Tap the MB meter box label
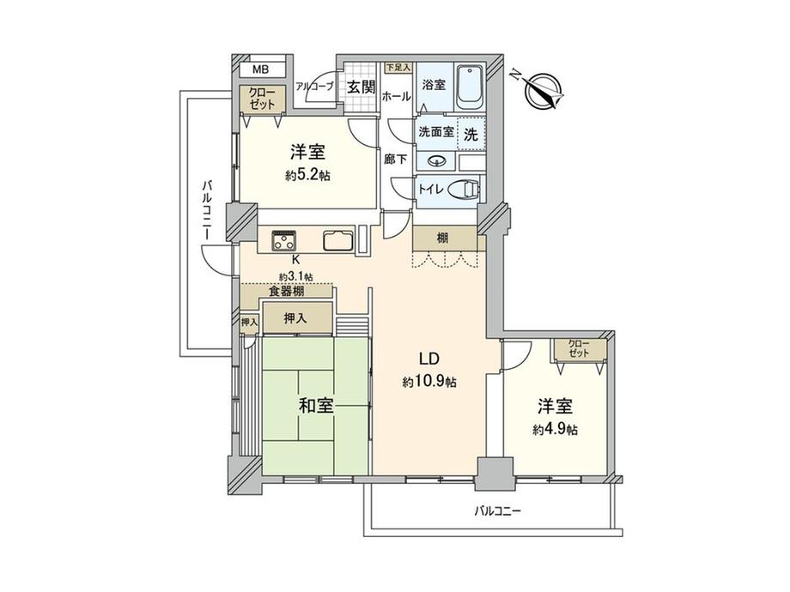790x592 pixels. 260,69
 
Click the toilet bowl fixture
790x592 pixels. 464,190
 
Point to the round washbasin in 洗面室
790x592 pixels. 436,161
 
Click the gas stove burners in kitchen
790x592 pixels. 285,239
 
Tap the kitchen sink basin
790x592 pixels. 339,240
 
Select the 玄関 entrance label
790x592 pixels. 362,87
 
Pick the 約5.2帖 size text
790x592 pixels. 307,176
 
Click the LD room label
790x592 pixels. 429,359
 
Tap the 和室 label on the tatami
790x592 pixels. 316,406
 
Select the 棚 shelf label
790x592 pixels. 442,238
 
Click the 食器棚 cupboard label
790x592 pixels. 286,292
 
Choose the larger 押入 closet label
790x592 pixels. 295,318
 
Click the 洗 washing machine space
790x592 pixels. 471,134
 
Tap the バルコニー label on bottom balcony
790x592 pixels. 497,511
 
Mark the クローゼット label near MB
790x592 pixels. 263,99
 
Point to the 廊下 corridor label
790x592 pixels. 396,159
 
